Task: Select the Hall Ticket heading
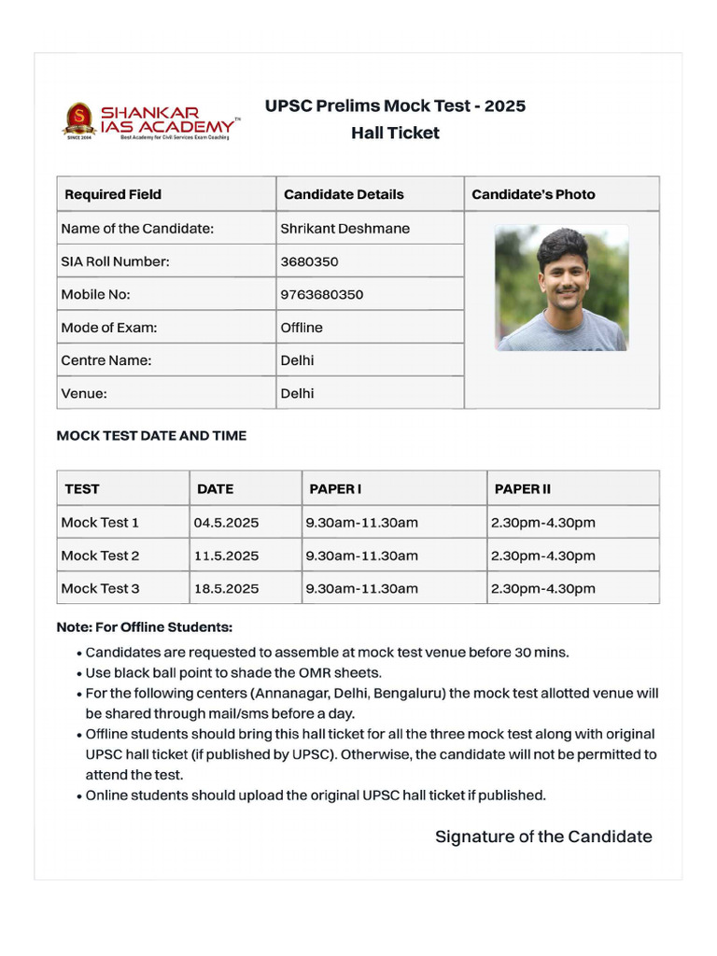pos(395,133)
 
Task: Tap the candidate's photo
pos(561,288)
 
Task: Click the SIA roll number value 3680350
pos(309,261)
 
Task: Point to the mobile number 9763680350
pos(322,294)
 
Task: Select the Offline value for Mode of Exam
pos(302,328)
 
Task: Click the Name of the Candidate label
pos(137,229)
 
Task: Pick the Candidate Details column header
pos(344,194)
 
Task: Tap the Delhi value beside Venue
pos(297,393)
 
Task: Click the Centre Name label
pos(105,360)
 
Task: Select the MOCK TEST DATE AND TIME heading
pos(151,436)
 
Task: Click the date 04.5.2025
pos(226,523)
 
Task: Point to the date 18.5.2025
pos(226,588)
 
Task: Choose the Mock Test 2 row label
pos(100,555)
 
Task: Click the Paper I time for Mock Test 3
pos(361,588)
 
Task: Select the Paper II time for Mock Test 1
pos(542,523)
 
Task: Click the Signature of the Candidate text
pos(543,836)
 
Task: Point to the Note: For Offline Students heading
pos(145,627)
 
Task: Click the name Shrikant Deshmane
pos(344,229)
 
